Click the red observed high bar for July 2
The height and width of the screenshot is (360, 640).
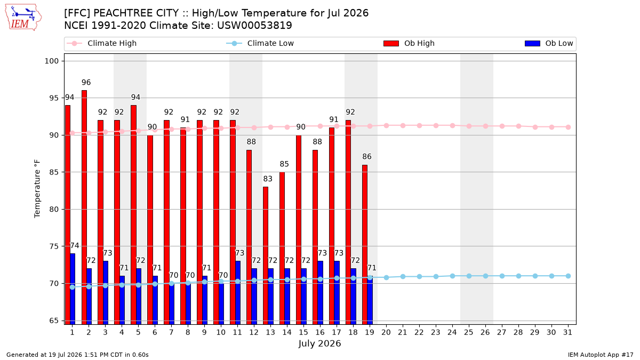coord(84,207)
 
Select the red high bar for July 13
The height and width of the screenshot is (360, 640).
coord(266,255)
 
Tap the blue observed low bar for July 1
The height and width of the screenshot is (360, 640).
coord(73,289)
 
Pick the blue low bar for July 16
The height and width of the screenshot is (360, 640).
coord(321,293)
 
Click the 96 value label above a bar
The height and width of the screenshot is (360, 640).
coord(86,83)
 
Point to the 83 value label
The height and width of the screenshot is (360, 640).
coord(268,179)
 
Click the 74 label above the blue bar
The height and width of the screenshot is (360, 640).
coord(75,246)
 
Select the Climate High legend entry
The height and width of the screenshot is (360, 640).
coord(102,43)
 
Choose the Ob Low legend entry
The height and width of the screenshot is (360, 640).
coord(549,43)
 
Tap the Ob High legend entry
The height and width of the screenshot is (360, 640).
coord(409,43)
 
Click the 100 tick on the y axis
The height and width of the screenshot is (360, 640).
coord(51,61)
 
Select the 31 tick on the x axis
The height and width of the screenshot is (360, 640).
coord(567,332)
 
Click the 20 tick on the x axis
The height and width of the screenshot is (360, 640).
coord(386,332)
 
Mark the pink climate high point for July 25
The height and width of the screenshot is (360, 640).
coord(469,126)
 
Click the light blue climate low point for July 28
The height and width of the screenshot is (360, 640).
coord(518,276)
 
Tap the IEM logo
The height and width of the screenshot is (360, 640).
coord(23,18)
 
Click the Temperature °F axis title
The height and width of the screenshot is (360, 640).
coord(37,189)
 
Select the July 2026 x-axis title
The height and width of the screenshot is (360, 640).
coord(319,343)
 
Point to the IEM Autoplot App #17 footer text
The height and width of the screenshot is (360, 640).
coord(601,355)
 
